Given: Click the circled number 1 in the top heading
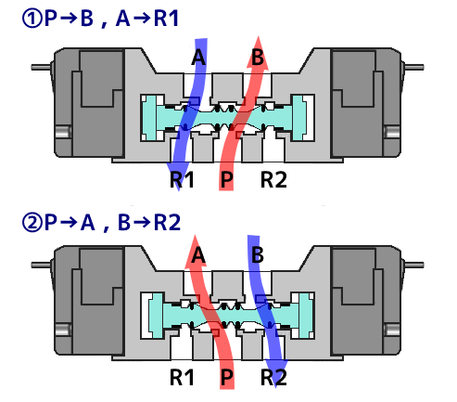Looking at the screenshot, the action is (32, 19).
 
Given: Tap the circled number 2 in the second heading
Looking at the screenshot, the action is (32, 223).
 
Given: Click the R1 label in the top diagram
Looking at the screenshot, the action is (182, 179).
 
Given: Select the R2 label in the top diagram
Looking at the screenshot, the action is (273, 179).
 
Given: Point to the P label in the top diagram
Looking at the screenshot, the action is (226, 179).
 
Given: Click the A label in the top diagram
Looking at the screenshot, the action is (198, 58).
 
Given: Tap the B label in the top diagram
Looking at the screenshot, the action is (258, 58).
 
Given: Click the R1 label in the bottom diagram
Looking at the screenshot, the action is (182, 377).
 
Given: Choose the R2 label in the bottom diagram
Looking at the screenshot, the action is (273, 377).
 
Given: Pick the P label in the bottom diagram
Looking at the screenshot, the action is (226, 377).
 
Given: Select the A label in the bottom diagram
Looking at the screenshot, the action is (198, 255).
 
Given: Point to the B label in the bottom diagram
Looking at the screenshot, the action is (258, 255).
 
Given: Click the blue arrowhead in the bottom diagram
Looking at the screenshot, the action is (276, 373).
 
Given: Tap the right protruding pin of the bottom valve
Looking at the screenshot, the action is (414, 265).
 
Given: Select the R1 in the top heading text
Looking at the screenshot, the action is (166, 19).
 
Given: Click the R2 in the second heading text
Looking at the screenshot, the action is (167, 223).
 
